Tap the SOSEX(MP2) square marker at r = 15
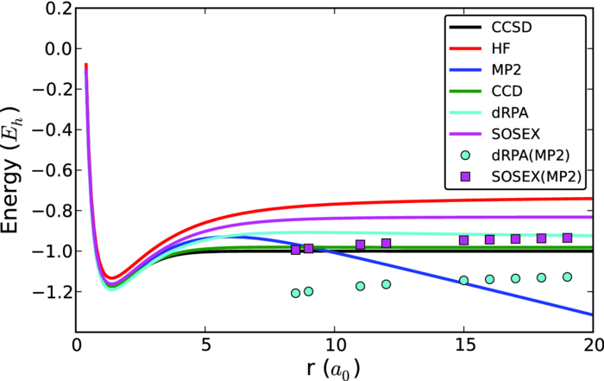(463, 240)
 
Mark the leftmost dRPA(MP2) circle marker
(296, 293)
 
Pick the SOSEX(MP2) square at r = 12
(386, 244)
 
